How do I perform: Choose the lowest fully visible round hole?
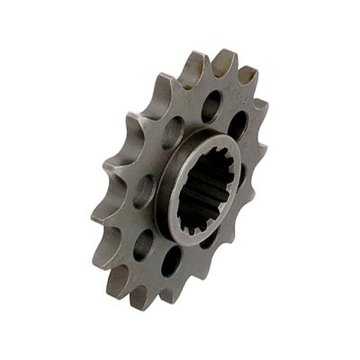tap(171, 261)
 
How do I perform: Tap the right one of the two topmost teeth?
tap(224, 58)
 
